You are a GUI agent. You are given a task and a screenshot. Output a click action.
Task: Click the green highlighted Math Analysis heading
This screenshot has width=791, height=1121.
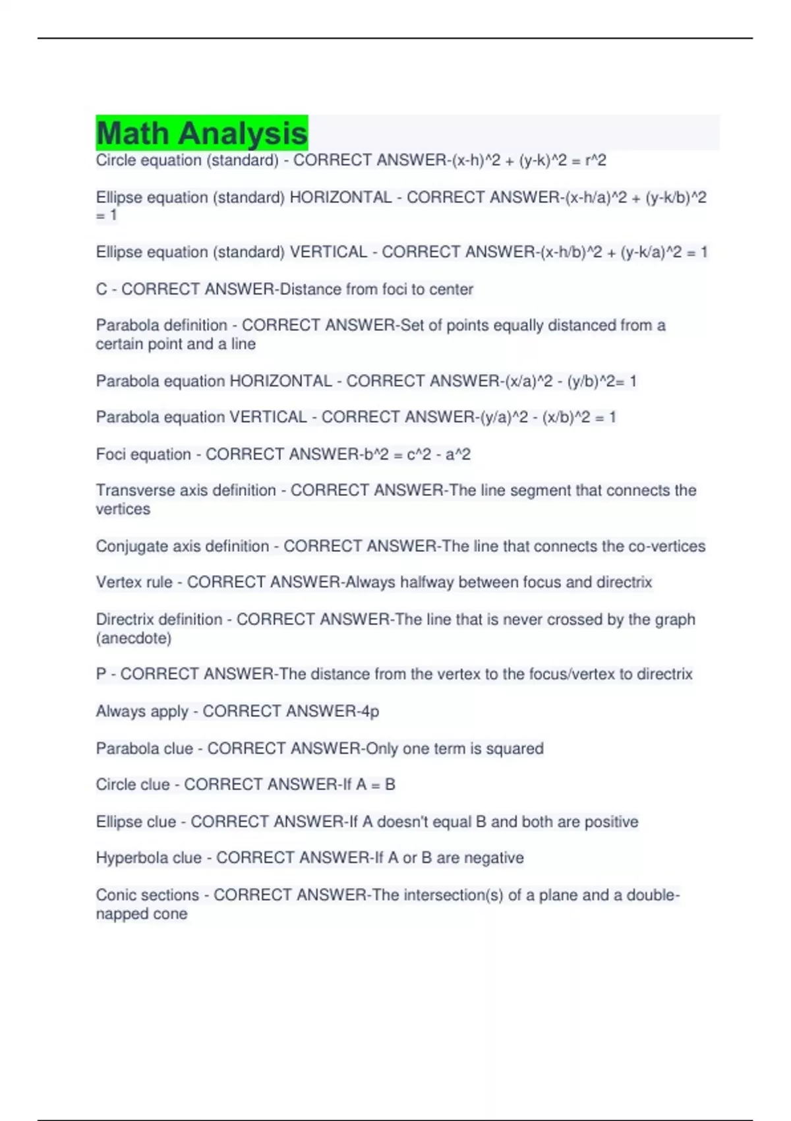point(202,133)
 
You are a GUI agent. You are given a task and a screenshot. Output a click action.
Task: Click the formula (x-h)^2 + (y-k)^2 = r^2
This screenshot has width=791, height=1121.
point(529,160)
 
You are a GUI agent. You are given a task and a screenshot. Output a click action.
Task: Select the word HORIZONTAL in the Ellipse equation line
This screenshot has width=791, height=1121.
point(340,197)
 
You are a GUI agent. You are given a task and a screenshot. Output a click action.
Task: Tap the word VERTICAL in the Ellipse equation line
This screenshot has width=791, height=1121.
point(328,252)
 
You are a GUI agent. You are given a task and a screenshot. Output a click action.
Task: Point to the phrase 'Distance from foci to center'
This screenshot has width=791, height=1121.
point(376,289)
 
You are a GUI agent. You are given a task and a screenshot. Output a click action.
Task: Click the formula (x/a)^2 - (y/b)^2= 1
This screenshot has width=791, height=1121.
point(571,381)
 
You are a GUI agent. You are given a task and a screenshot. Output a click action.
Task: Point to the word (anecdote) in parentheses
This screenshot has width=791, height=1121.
point(134,638)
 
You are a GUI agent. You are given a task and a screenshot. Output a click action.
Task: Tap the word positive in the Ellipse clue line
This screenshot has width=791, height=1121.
point(612,822)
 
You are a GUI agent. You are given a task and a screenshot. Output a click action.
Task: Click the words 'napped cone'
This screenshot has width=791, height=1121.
point(142,914)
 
